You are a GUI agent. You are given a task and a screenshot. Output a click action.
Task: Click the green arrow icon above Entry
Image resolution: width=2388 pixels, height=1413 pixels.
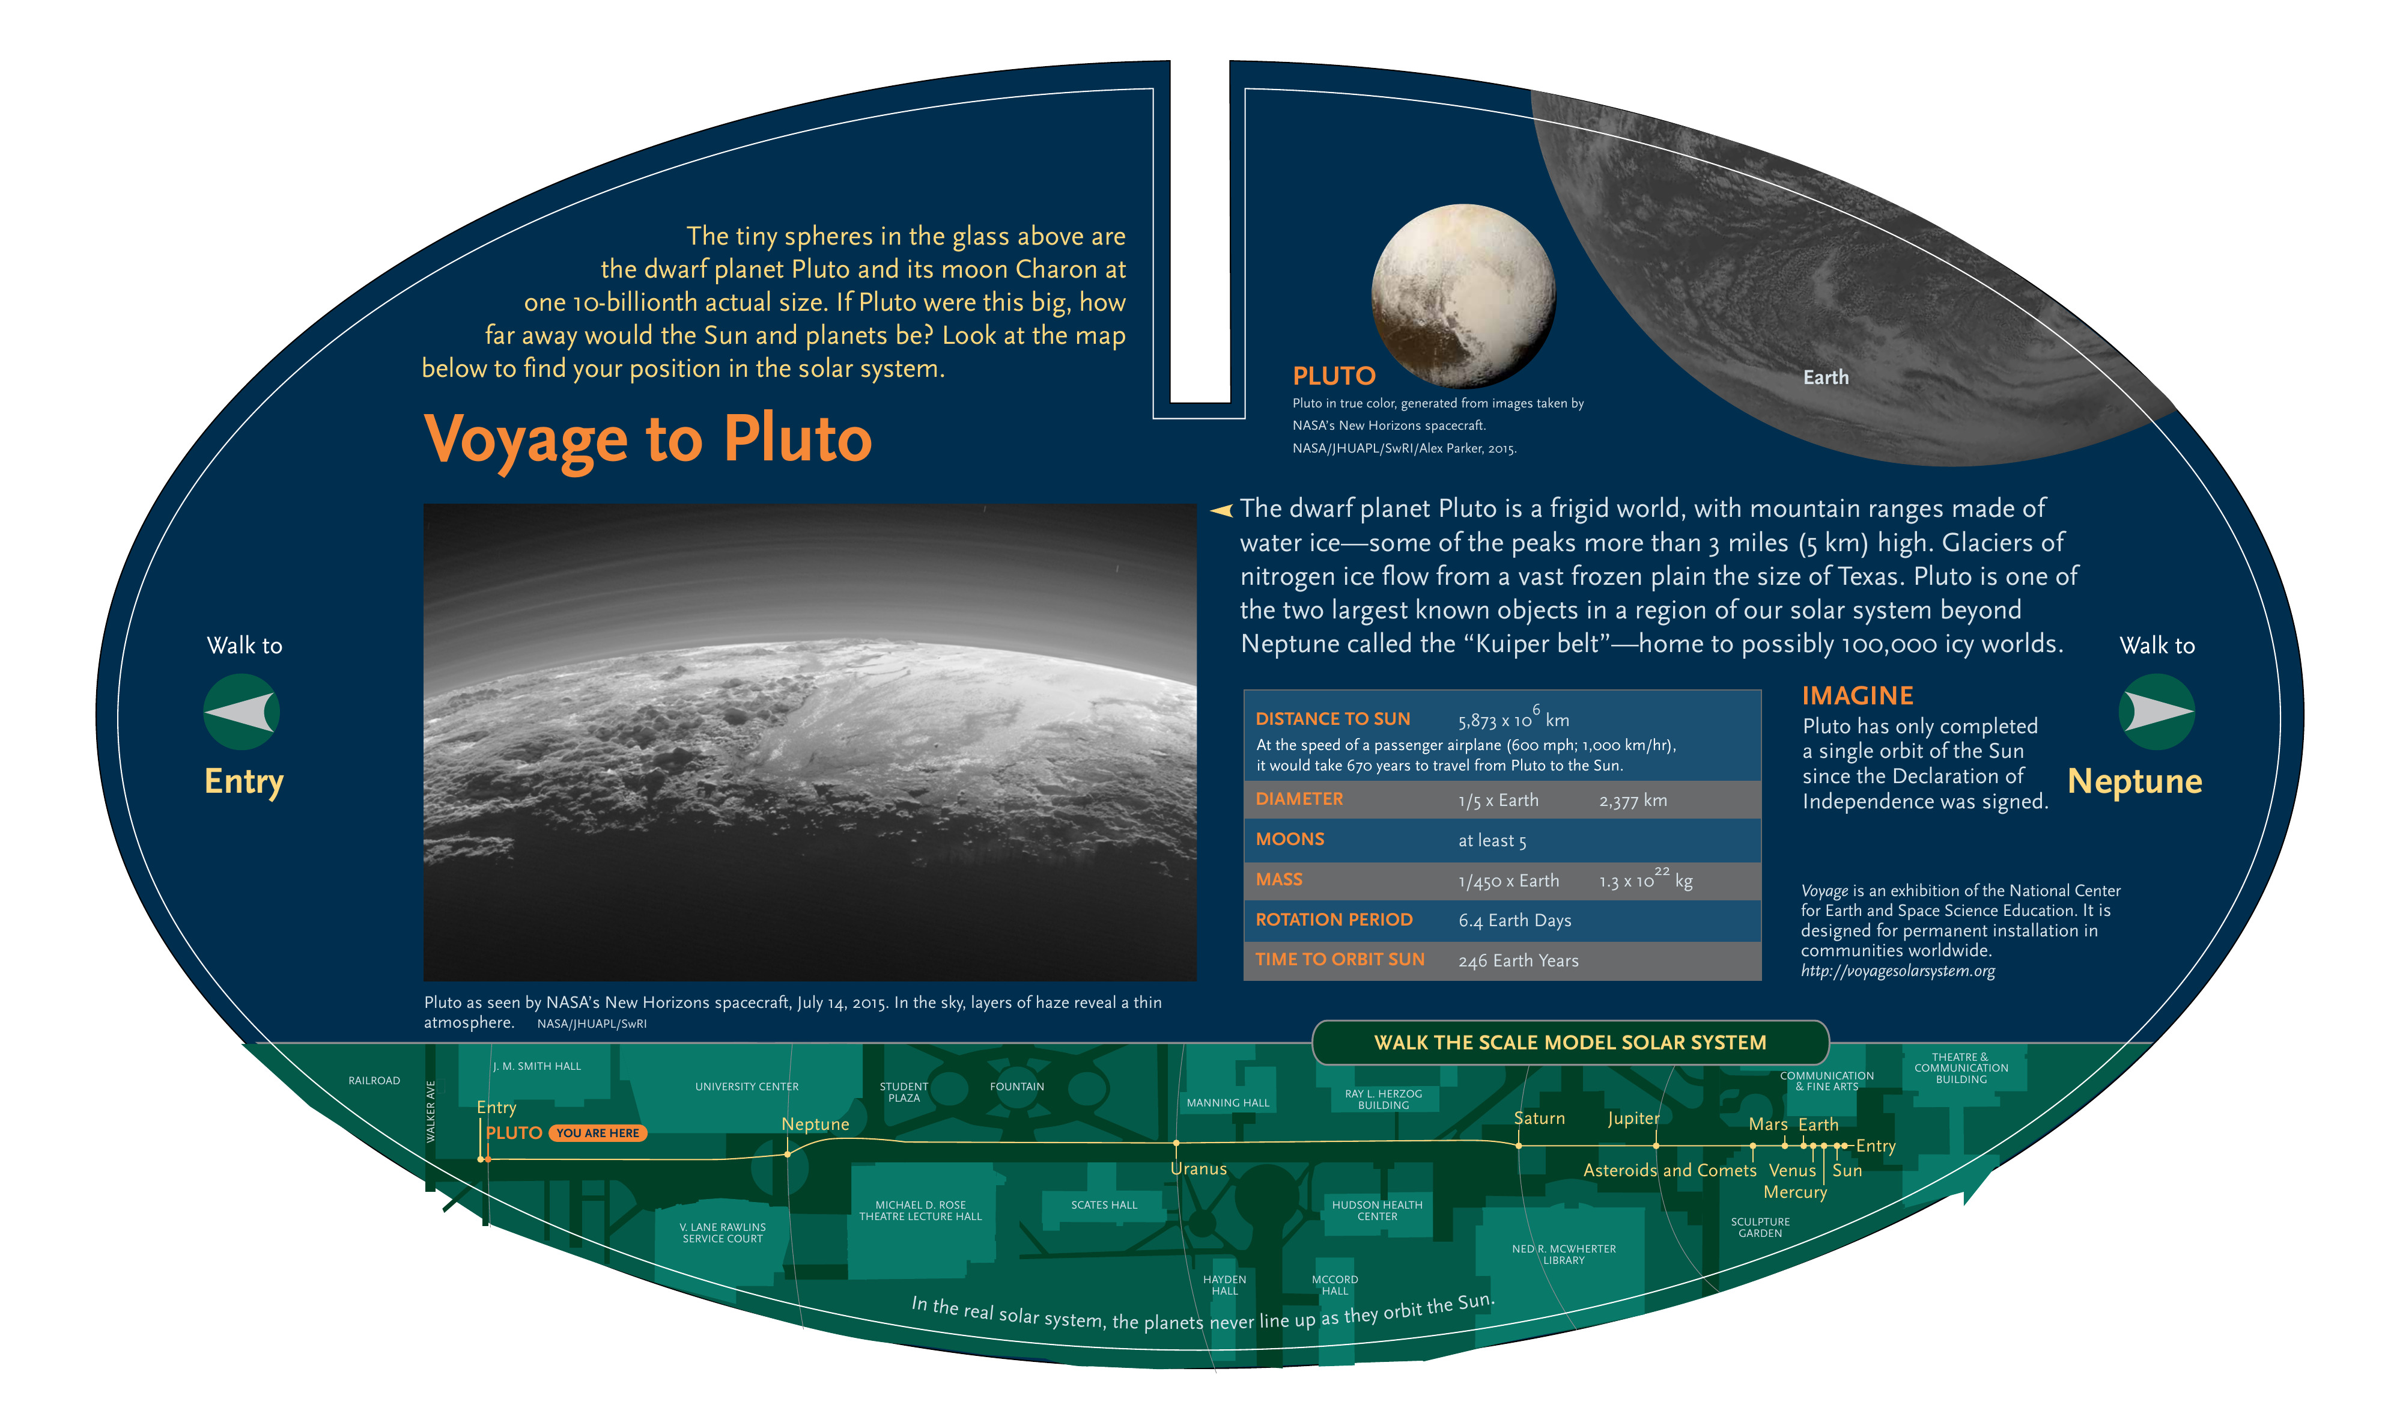point(241,712)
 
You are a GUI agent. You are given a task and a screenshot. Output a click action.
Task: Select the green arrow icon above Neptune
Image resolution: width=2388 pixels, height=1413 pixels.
point(2157,712)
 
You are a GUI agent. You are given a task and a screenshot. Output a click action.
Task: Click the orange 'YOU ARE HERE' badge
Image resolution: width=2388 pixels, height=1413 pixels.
point(598,1133)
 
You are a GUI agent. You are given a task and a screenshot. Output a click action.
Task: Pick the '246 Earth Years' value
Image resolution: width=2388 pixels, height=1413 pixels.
point(1518,960)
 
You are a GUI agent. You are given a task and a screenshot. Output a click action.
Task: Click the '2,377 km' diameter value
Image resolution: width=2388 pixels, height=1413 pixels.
point(1633,801)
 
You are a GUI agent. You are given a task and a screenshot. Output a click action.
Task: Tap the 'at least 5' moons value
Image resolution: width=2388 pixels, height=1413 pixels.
point(1492,841)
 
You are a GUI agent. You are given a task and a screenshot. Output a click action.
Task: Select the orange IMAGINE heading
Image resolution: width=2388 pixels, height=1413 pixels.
point(1857,696)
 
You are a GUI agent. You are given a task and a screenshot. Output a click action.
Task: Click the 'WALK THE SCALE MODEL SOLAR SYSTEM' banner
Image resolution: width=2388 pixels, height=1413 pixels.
point(1570,1043)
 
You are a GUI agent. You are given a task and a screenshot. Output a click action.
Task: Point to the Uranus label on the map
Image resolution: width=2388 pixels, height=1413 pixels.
point(1199,1169)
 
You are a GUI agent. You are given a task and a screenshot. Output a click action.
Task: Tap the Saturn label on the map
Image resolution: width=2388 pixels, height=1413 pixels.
point(1539,1118)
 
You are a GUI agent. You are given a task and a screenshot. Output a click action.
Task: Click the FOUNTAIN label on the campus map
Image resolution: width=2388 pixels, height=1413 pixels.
point(1016,1087)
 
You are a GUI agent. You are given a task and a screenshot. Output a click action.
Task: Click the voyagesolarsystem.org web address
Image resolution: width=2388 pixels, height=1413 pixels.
point(1898,971)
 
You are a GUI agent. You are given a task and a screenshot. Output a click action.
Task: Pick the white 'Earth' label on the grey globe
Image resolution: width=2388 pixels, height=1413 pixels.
point(1826,378)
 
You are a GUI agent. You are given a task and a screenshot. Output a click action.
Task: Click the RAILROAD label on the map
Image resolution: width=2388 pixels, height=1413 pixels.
point(374,1081)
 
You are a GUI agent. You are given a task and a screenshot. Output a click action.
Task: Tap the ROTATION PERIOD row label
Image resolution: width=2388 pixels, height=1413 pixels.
point(1334,920)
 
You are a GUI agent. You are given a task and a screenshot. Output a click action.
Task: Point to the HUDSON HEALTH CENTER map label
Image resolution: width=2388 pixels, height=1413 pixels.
point(1377,1211)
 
